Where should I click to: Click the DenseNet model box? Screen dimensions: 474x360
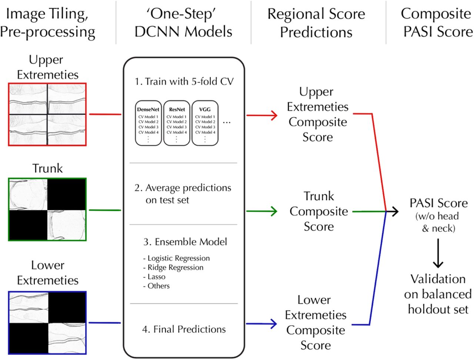tap(148, 123)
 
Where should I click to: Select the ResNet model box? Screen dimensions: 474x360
tap(177, 123)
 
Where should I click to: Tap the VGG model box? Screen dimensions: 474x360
tap(205, 123)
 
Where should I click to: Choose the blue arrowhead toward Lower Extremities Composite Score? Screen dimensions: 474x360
tap(274, 324)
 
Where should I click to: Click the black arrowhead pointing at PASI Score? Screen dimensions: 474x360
tap(395, 211)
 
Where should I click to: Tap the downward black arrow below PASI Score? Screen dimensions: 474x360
tap(438, 253)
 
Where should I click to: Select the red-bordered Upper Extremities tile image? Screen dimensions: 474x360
tap(47, 114)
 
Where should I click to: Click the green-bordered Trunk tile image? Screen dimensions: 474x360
tap(47, 210)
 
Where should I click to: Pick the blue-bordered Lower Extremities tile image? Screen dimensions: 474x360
tap(47, 323)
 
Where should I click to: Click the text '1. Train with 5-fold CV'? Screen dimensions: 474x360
tap(184, 81)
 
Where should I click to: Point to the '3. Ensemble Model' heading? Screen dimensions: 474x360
tap(185, 242)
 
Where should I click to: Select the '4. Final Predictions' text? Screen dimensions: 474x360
tap(184, 329)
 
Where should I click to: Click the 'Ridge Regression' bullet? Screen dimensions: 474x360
tap(173, 267)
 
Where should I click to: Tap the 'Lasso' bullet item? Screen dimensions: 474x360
tap(154, 277)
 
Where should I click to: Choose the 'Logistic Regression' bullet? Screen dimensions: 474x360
tap(176, 258)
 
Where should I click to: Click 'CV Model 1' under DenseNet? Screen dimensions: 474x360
tap(148, 117)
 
